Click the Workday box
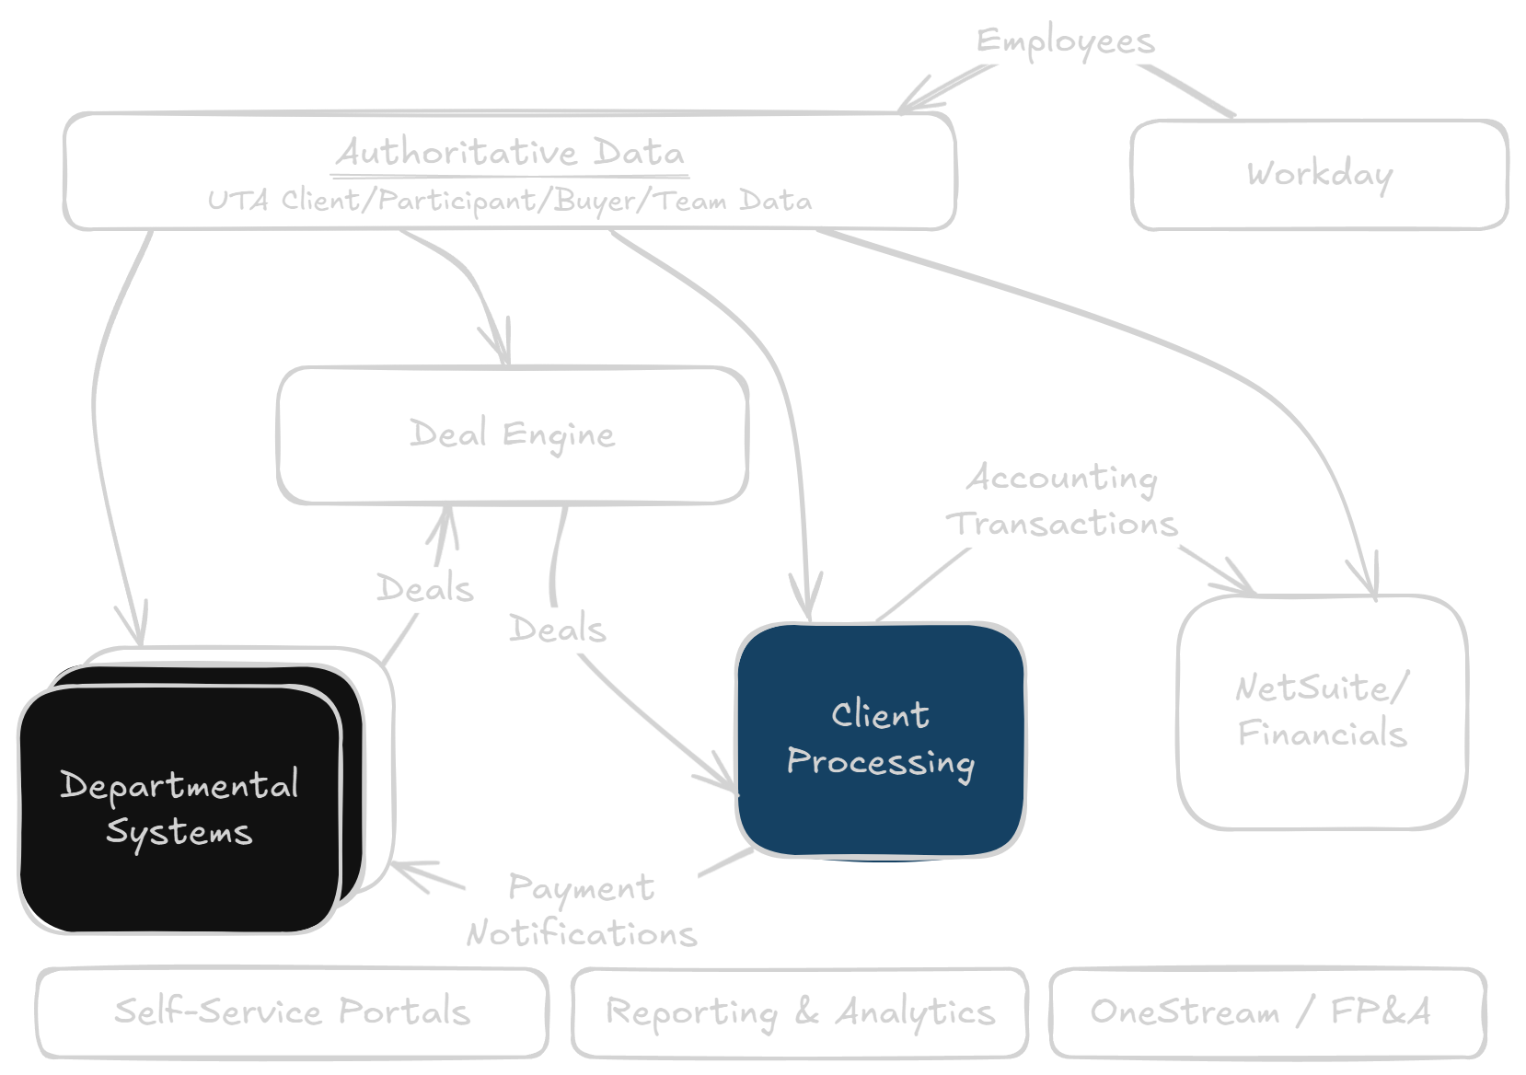click(1319, 174)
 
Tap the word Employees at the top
click(1065, 41)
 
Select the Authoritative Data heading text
click(510, 152)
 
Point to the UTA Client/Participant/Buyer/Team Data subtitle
click(510, 200)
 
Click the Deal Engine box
click(513, 434)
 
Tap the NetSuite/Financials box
click(1322, 711)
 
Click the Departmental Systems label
click(179, 808)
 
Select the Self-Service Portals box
click(292, 1011)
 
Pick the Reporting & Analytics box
click(799, 1011)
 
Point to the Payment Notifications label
click(582, 910)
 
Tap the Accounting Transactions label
click(1064, 501)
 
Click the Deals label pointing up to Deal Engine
click(424, 588)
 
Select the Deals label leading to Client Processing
click(558, 630)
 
